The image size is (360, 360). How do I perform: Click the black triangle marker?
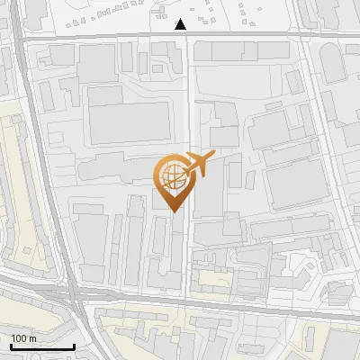182,24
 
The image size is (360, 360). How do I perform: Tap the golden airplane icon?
197,165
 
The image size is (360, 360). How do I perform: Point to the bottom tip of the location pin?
174,212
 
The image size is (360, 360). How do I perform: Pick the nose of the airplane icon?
212,157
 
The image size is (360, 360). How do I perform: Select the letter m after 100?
32,338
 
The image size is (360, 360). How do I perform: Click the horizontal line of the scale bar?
41,346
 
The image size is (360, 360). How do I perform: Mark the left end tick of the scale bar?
10,345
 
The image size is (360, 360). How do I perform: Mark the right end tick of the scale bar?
74,345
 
